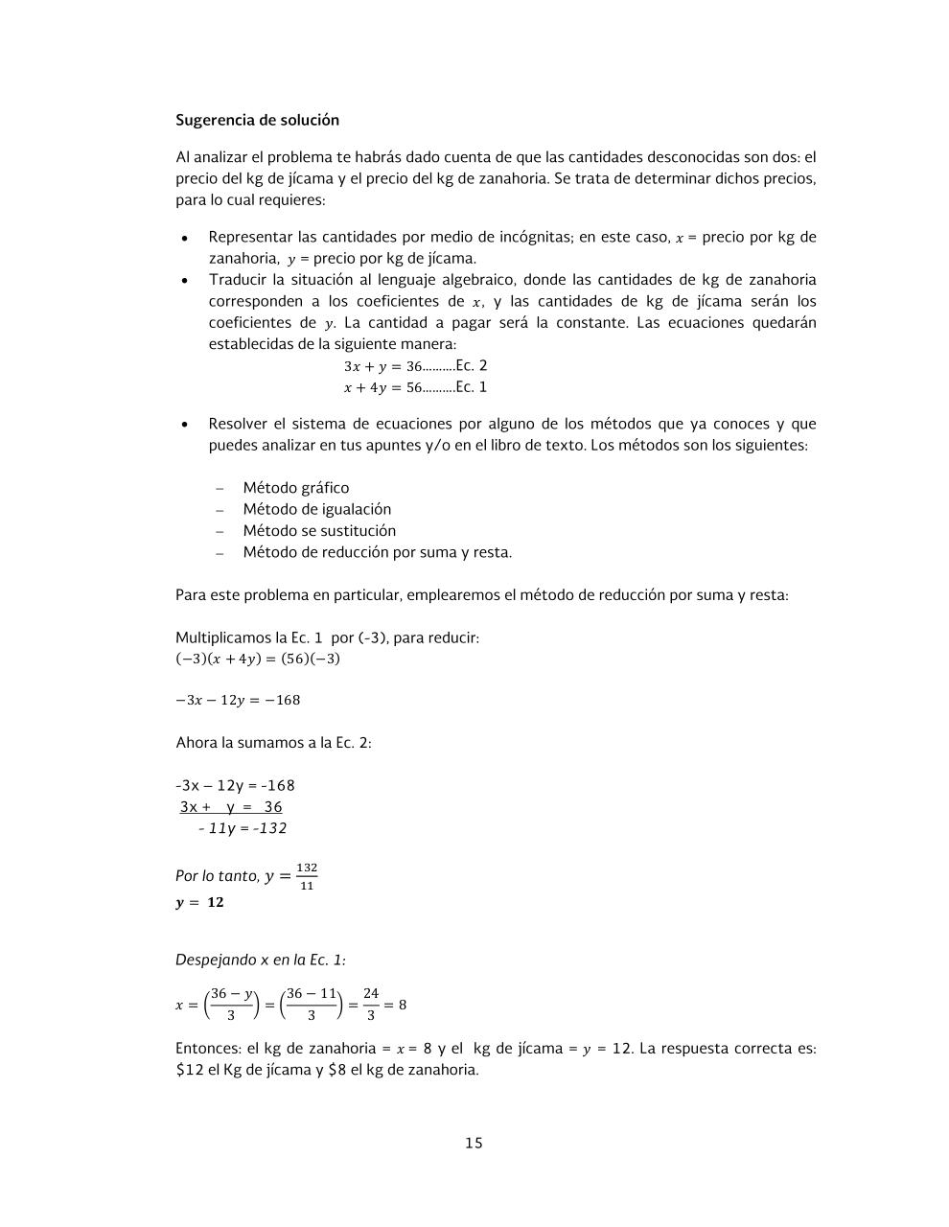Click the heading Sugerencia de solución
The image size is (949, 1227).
pyautogui.click(x=257, y=120)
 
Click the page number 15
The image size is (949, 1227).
pyautogui.click(x=474, y=1143)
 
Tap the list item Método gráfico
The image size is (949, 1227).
pyautogui.click(x=295, y=488)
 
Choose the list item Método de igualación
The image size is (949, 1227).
pyautogui.click(x=316, y=509)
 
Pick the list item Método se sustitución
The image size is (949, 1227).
pyautogui.click(x=318, y=531)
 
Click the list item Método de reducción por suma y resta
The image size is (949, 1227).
pyautogui.click(x=377, y=552)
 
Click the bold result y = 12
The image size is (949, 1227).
pyautogui.click(x=199, y=902)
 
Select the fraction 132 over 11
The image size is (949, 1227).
pyautogui.click(x=307, y=876)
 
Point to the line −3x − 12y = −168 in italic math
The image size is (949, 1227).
pyautogui.click(x=238, y=700)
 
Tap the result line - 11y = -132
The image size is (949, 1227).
pyautogui.click(x=242, y=828)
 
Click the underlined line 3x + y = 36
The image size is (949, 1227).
pyautogui.click(x=231, y=807)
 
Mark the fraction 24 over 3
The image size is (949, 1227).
pyautogui.click(x=371, y=1004)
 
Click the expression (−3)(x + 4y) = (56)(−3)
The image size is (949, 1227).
pyautogui.click(x=258, y=659)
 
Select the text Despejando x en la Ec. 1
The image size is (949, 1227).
pyautogui.click(x=261, y=960)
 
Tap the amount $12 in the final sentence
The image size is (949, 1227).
pyautogui.click(x=190, y=1070)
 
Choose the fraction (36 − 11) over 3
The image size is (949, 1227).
pyautogui.click(x=312, y=1004)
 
